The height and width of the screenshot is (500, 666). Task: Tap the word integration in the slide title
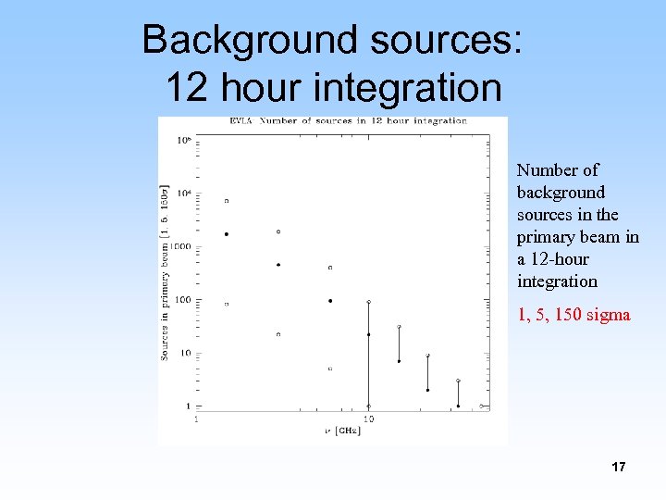pyautogui.click(x=408, y=88)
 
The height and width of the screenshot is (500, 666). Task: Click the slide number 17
pyautogui.click(x=618, y=467)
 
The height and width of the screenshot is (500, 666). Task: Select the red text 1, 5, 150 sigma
pyautogui.click(x=573, y=315)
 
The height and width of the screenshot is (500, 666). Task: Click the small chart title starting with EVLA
pyautogui.click(x=348, y=121)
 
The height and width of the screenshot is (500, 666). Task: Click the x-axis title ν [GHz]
pyautogui.click(x=342, y=431)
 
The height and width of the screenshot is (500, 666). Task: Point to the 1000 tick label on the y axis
pyautogui.click(x=179, y=246)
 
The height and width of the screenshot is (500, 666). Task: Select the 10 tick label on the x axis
pyautogui.click(x=368, y=419)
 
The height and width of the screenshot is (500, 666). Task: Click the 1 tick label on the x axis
pyautogui.click(x=196, y=419)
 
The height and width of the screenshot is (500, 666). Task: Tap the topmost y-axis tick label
pyautogui.click(x=183, y=140)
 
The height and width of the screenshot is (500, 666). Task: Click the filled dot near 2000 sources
pyautogui.click(x=227, y=234)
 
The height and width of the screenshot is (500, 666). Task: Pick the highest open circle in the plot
pyautogui.click(x=227, y=200)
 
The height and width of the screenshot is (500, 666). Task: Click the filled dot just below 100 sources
pyautogui.click(x=330, y=301)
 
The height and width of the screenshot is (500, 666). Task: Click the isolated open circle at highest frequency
pyautogui.click(x=481, y=406)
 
